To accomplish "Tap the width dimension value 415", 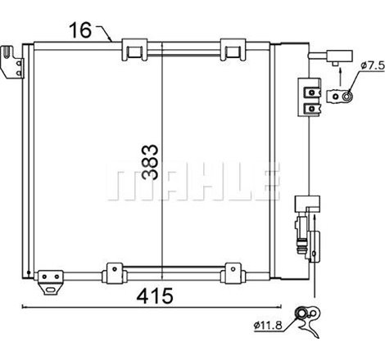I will [x=155, y=295].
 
